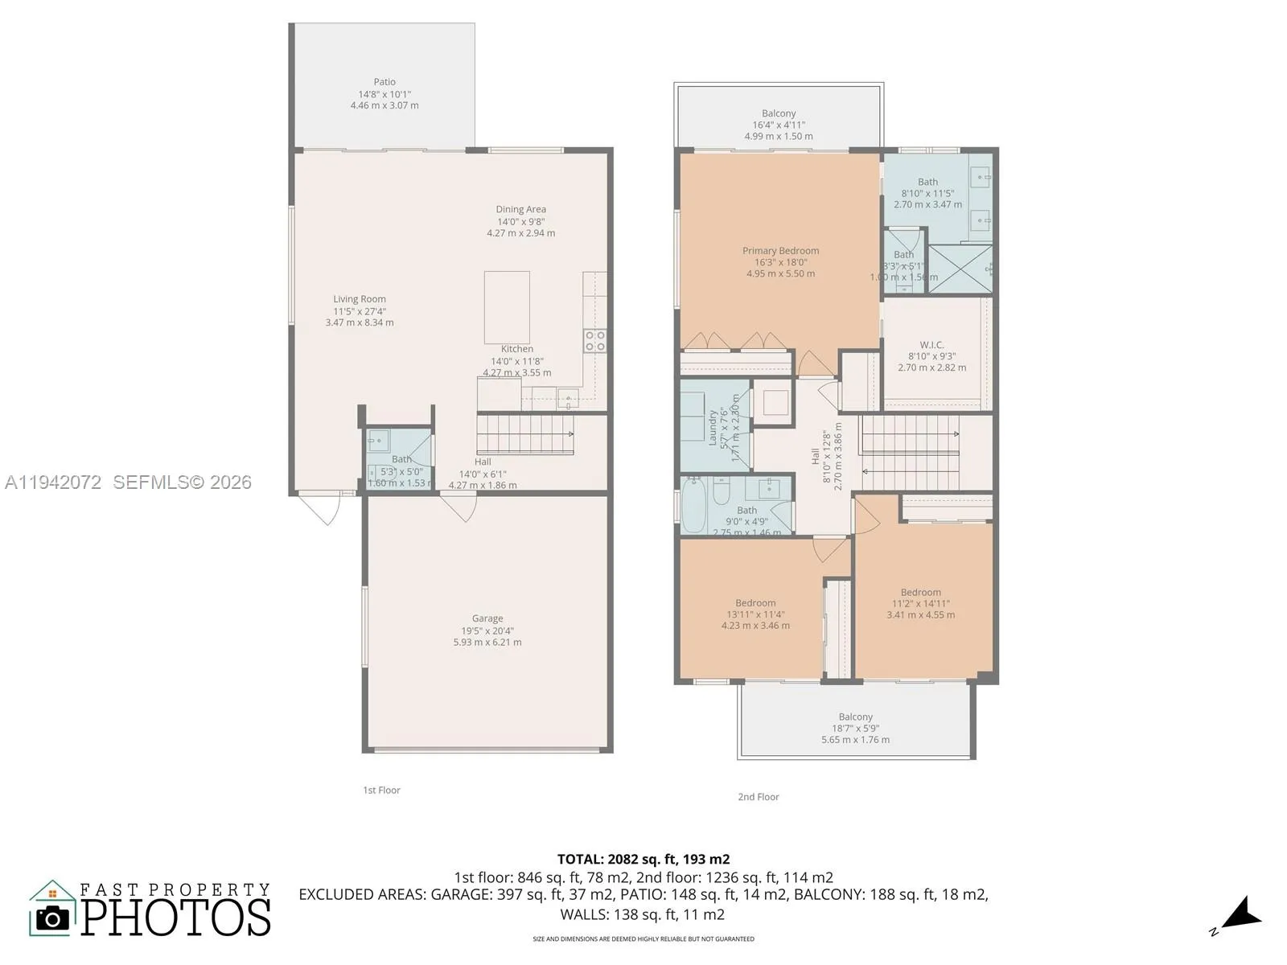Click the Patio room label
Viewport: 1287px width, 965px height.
[384, 82]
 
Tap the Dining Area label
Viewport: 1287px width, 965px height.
[520, 210]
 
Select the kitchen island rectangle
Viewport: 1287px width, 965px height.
[507, 307]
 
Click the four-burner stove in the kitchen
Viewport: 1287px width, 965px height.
[594, 340]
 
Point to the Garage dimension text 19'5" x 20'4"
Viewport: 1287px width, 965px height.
[487, 630]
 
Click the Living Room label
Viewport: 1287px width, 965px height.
[360, 299]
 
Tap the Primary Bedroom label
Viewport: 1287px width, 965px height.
[780, 251]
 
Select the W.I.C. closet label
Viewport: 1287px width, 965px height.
[931, 345]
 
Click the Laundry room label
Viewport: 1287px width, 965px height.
[713, 427]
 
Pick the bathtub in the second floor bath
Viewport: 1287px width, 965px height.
[693, 506]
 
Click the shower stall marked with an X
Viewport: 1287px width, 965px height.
[960, 269]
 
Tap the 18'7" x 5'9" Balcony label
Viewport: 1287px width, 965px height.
[855, 728]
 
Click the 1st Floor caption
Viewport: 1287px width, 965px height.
[381, 790]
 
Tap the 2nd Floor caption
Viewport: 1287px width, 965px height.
[759, 797]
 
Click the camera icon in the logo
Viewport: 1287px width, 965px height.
[53, 918]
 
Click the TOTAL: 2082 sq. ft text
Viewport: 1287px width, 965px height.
[643, 859]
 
